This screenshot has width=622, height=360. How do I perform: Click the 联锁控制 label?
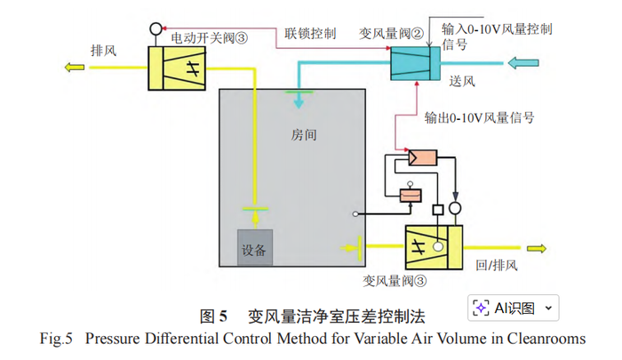click(311, 33)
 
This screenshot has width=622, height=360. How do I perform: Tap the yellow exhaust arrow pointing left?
click(72, 67)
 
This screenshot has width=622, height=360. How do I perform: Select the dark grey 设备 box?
click(254, 249)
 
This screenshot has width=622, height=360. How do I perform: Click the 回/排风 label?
click(497, 265)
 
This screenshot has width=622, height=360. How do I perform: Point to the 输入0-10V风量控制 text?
click(497, 28)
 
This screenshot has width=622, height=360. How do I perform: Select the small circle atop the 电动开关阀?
click(155, 28)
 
